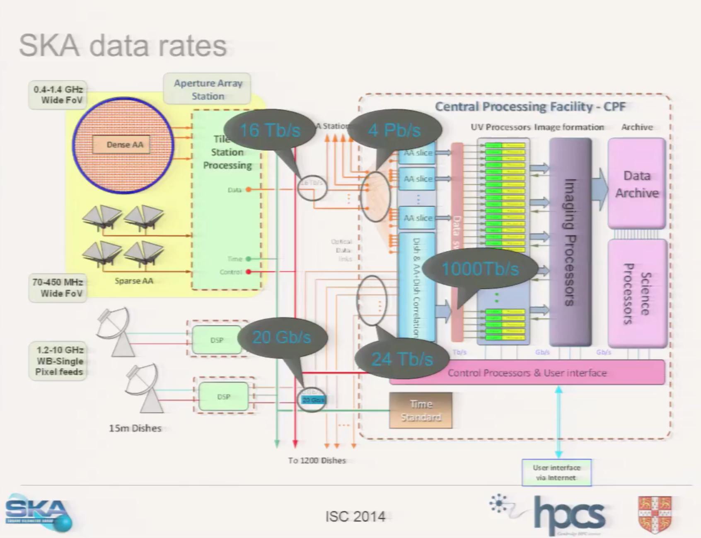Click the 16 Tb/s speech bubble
(270, 130)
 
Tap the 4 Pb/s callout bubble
(394, 130)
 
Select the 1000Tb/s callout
(480, 269)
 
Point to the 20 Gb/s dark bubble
(281, 337)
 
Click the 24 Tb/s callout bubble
(401, 359)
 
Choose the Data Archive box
(636, 184)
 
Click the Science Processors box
(637, 293)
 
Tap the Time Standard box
(421, 410)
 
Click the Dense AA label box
(121, 145)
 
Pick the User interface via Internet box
(556, 473)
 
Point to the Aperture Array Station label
(208, 89)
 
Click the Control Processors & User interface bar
(527, 373)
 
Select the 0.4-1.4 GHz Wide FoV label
(58, 95)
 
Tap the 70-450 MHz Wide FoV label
(58, 288)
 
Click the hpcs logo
(569, 514)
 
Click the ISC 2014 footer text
(355, 516)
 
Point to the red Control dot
(248, 272)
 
